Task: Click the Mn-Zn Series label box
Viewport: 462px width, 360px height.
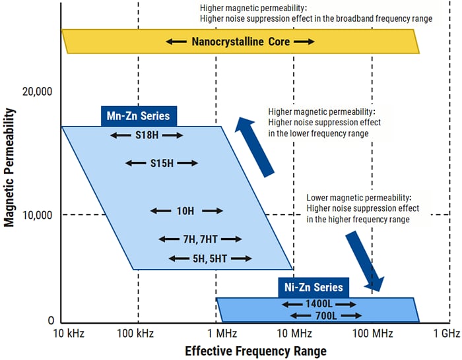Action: coord(139,117)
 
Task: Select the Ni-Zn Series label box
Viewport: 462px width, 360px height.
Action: coord(314,287)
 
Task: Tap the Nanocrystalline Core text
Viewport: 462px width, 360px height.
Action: coord(240,42)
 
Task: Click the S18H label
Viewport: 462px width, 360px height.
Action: coord(147,135)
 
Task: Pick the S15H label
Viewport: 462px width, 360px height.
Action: coord(161,163)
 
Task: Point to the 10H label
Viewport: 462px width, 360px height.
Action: coord(186,211)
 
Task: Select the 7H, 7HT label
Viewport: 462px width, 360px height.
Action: coord(201,239)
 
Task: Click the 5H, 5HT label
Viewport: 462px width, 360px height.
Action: coord(210,258)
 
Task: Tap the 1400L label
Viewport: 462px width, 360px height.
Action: coord(319,305)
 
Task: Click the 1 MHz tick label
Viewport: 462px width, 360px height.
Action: coord(216,334)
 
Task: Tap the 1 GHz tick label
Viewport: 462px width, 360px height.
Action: coord(447,334)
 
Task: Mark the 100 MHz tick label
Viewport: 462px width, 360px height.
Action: coord(372,334)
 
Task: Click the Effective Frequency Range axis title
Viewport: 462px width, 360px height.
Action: coord(255,350)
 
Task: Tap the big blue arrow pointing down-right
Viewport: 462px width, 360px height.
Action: coord(364,260)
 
